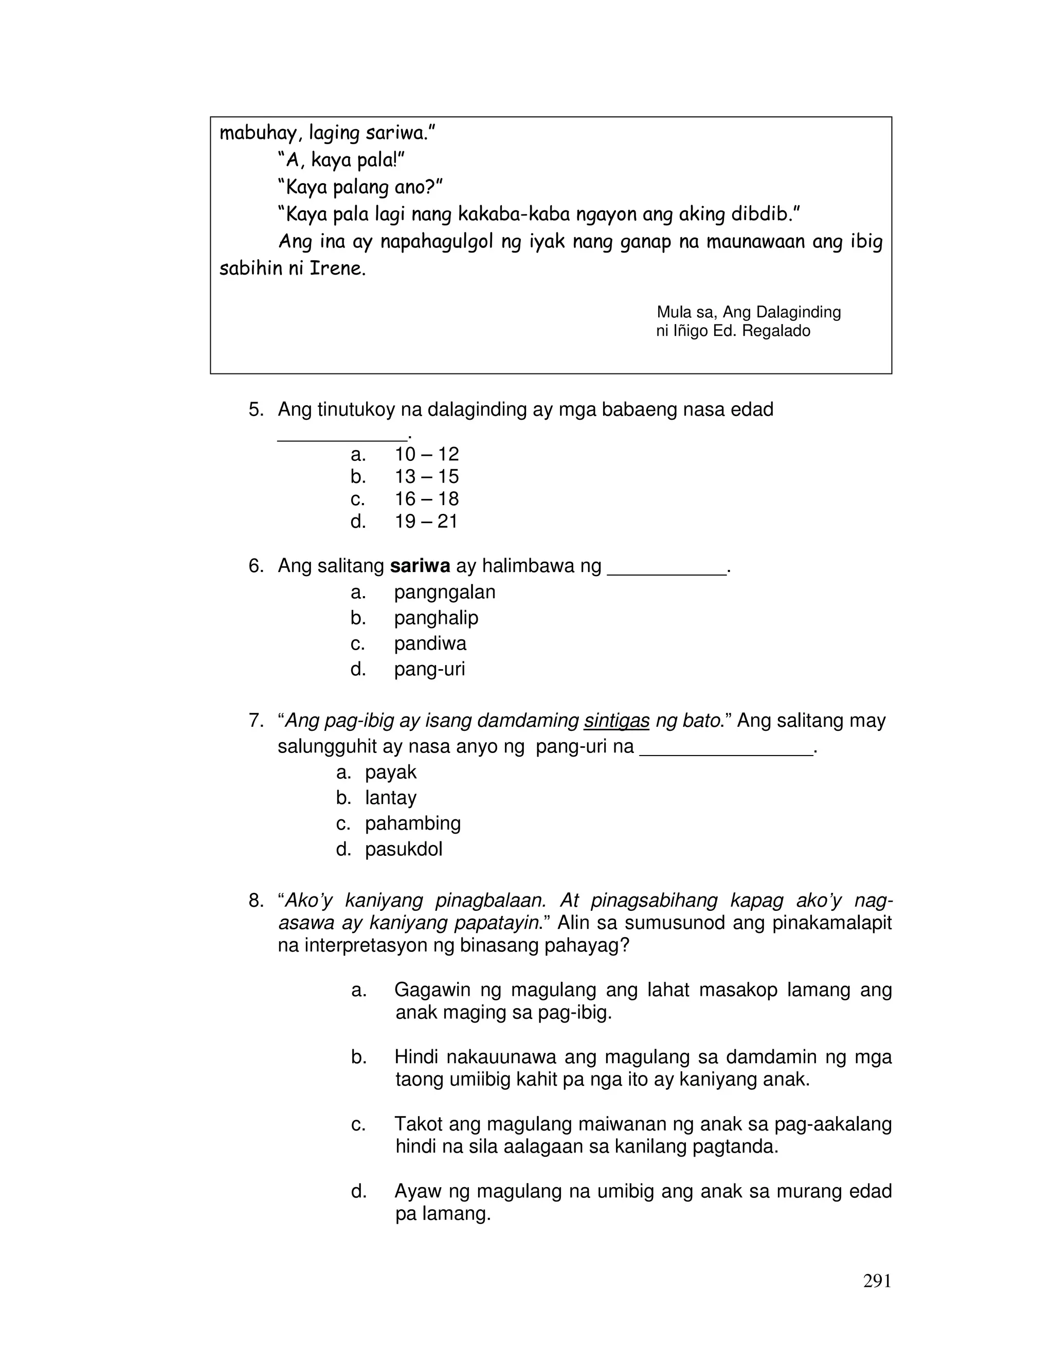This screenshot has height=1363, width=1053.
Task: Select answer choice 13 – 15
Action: point(426,477)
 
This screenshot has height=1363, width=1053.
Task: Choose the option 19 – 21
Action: point(426,521)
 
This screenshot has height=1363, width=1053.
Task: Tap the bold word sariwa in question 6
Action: point(420,566)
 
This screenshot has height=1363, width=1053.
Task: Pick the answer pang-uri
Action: point(429,669)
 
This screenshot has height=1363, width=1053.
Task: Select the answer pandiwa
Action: point(430,643)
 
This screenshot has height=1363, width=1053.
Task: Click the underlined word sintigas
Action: point(616,721)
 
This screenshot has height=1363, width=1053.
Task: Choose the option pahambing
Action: point(412,823)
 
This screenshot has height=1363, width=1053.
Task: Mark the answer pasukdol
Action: point(403,849)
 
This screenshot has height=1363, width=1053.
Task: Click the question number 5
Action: point(256,410)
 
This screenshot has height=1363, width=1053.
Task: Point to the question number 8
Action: point(256,901)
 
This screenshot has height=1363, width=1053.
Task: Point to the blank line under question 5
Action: point(341,439)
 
